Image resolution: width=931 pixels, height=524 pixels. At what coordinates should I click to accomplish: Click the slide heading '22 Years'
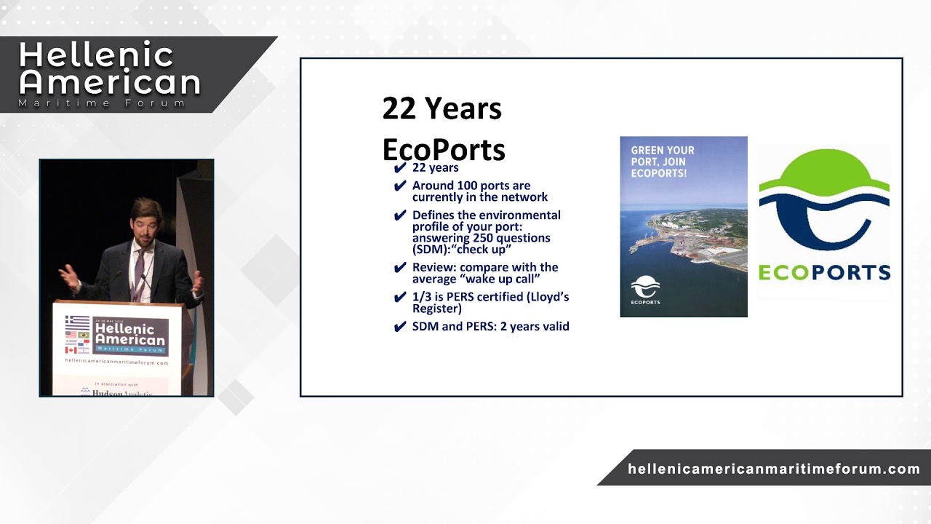pyautogui.click(x=441, y=109)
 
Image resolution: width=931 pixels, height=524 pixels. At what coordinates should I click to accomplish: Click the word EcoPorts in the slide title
pyautogui.click(x=444, y=150)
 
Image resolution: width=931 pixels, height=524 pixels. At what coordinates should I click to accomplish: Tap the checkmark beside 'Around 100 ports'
pyautogui.click(x=399, y=186)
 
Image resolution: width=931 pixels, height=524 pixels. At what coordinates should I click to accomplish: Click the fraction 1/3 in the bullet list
pyautogui.click(x=421, y=297)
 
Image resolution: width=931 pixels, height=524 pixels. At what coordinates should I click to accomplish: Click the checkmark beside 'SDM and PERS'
pyautogui.click(x=399, y=327)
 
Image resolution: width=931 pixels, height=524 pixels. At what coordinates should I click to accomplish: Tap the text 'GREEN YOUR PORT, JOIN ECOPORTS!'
pyautogui.click(x=663, y=162)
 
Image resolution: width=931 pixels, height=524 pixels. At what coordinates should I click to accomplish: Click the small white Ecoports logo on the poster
pyautogui.click(x=645, y=290)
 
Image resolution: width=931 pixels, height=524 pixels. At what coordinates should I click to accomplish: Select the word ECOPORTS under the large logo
pyautogui.click(x=824, y=272)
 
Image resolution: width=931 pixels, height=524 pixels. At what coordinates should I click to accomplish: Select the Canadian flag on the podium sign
pyautogui.click(x=71, y=350)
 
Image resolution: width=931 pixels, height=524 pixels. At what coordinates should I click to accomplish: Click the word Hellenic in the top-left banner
pyautogui.click(x=96, y=55)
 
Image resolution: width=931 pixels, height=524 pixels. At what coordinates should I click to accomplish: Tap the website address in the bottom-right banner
pyautogui.click(x=774, y=469)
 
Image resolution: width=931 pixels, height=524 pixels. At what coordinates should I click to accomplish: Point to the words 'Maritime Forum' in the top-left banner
pyautogui.click(x=102, y=103)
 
